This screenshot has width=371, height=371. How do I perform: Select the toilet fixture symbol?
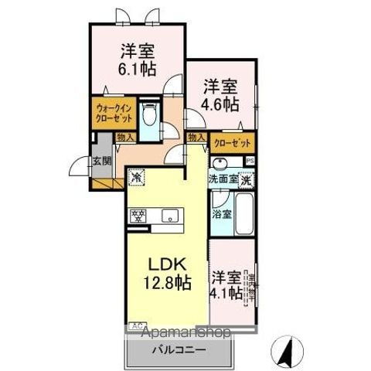point(151,116)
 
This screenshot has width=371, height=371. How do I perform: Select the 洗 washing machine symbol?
point(245,179)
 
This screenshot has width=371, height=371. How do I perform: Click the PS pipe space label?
point(250,160)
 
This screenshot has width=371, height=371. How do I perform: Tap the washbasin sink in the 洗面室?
point(220,163)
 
